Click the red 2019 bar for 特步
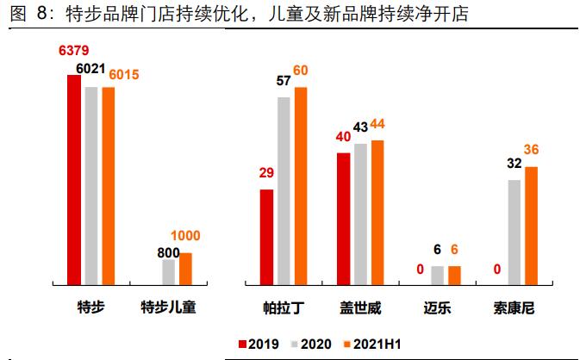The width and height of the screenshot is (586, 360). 74,179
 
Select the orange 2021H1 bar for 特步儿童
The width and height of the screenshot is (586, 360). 185,268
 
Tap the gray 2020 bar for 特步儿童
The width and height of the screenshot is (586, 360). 169,271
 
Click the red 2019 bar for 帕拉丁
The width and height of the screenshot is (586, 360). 267,236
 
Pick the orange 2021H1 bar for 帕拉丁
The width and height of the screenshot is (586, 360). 301,185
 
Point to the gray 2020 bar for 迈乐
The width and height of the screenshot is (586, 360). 437,275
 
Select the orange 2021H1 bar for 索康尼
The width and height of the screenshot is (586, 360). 531,225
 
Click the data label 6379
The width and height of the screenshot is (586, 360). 74,52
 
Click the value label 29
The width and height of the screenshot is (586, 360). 266,173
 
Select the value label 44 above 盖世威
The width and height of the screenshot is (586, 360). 377,124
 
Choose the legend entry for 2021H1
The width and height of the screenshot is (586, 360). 372,344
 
